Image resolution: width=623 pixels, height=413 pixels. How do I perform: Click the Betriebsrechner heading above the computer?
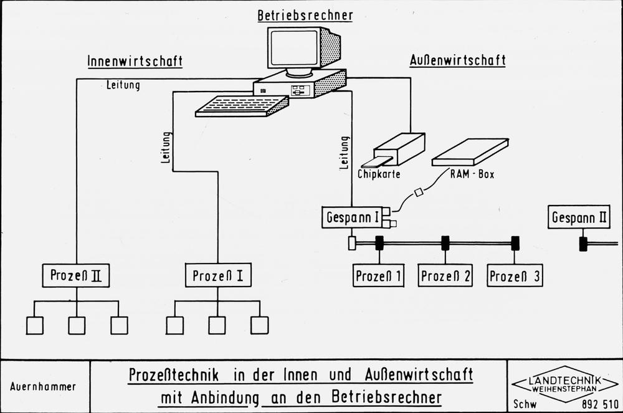[305, 16]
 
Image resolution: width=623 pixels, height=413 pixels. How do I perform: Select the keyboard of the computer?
[242, 106]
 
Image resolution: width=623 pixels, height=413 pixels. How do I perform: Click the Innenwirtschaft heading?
[135, 61]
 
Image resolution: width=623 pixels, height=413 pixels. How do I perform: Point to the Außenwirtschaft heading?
[457, 61]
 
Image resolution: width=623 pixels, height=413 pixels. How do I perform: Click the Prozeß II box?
[76, 275]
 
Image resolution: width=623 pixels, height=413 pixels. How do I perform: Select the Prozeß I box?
[218, 275]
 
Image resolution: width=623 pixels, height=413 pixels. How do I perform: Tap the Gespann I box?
[353, 218]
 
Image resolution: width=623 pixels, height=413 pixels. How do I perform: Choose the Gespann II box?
[579, 217]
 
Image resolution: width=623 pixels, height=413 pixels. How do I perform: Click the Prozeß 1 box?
[378, 275]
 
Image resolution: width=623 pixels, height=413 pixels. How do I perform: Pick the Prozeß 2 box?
[445, 275]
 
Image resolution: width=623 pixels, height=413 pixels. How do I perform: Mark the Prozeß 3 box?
[515, 275]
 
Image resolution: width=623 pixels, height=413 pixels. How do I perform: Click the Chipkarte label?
[379, 174]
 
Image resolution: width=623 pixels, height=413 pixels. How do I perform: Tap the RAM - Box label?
[472, 174]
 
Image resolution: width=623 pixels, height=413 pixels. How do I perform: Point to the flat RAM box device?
[470, 152]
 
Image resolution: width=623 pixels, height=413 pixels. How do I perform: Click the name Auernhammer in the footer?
[43, 386]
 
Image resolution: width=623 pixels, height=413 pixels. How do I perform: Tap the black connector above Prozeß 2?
[445, 243]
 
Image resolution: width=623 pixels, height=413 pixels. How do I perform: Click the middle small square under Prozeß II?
[77, 325]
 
